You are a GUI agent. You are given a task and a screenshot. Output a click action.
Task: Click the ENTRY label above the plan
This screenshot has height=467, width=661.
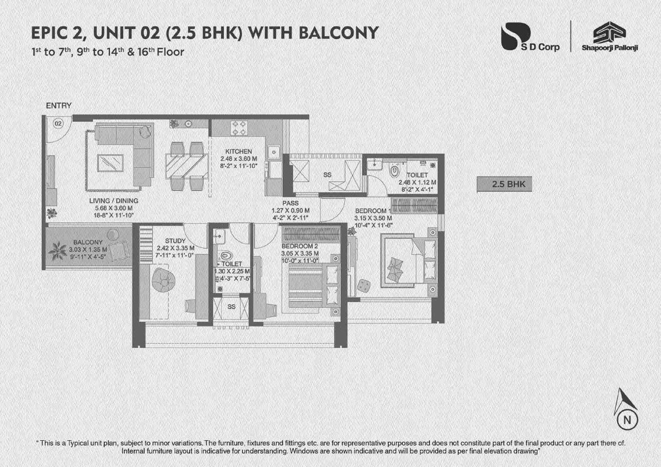point(58,106)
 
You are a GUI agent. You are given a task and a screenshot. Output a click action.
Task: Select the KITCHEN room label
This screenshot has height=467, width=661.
point(238,152)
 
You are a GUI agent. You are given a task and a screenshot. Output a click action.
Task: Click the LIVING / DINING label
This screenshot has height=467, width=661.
point(113,201)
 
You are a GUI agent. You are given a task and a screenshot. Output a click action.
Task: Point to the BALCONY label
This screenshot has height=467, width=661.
point(88,243)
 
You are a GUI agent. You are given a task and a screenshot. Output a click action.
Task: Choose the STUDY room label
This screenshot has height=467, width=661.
point(175,241)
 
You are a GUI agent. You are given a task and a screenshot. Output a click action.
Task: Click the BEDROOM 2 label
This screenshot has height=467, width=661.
point(299,246)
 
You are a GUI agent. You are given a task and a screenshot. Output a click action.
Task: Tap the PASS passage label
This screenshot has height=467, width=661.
point(291,204)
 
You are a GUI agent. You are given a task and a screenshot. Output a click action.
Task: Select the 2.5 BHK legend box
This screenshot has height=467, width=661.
point(504,184)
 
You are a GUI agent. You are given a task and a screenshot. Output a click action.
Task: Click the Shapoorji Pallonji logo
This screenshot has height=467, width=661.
point(609,38)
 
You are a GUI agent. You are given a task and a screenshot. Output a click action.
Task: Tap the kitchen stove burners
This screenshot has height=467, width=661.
point(238,128)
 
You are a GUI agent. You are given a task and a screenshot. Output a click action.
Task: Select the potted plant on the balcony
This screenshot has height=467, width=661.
point(57,252)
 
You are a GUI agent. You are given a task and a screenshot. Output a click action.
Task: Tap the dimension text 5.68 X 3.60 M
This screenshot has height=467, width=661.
point(113,208)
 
